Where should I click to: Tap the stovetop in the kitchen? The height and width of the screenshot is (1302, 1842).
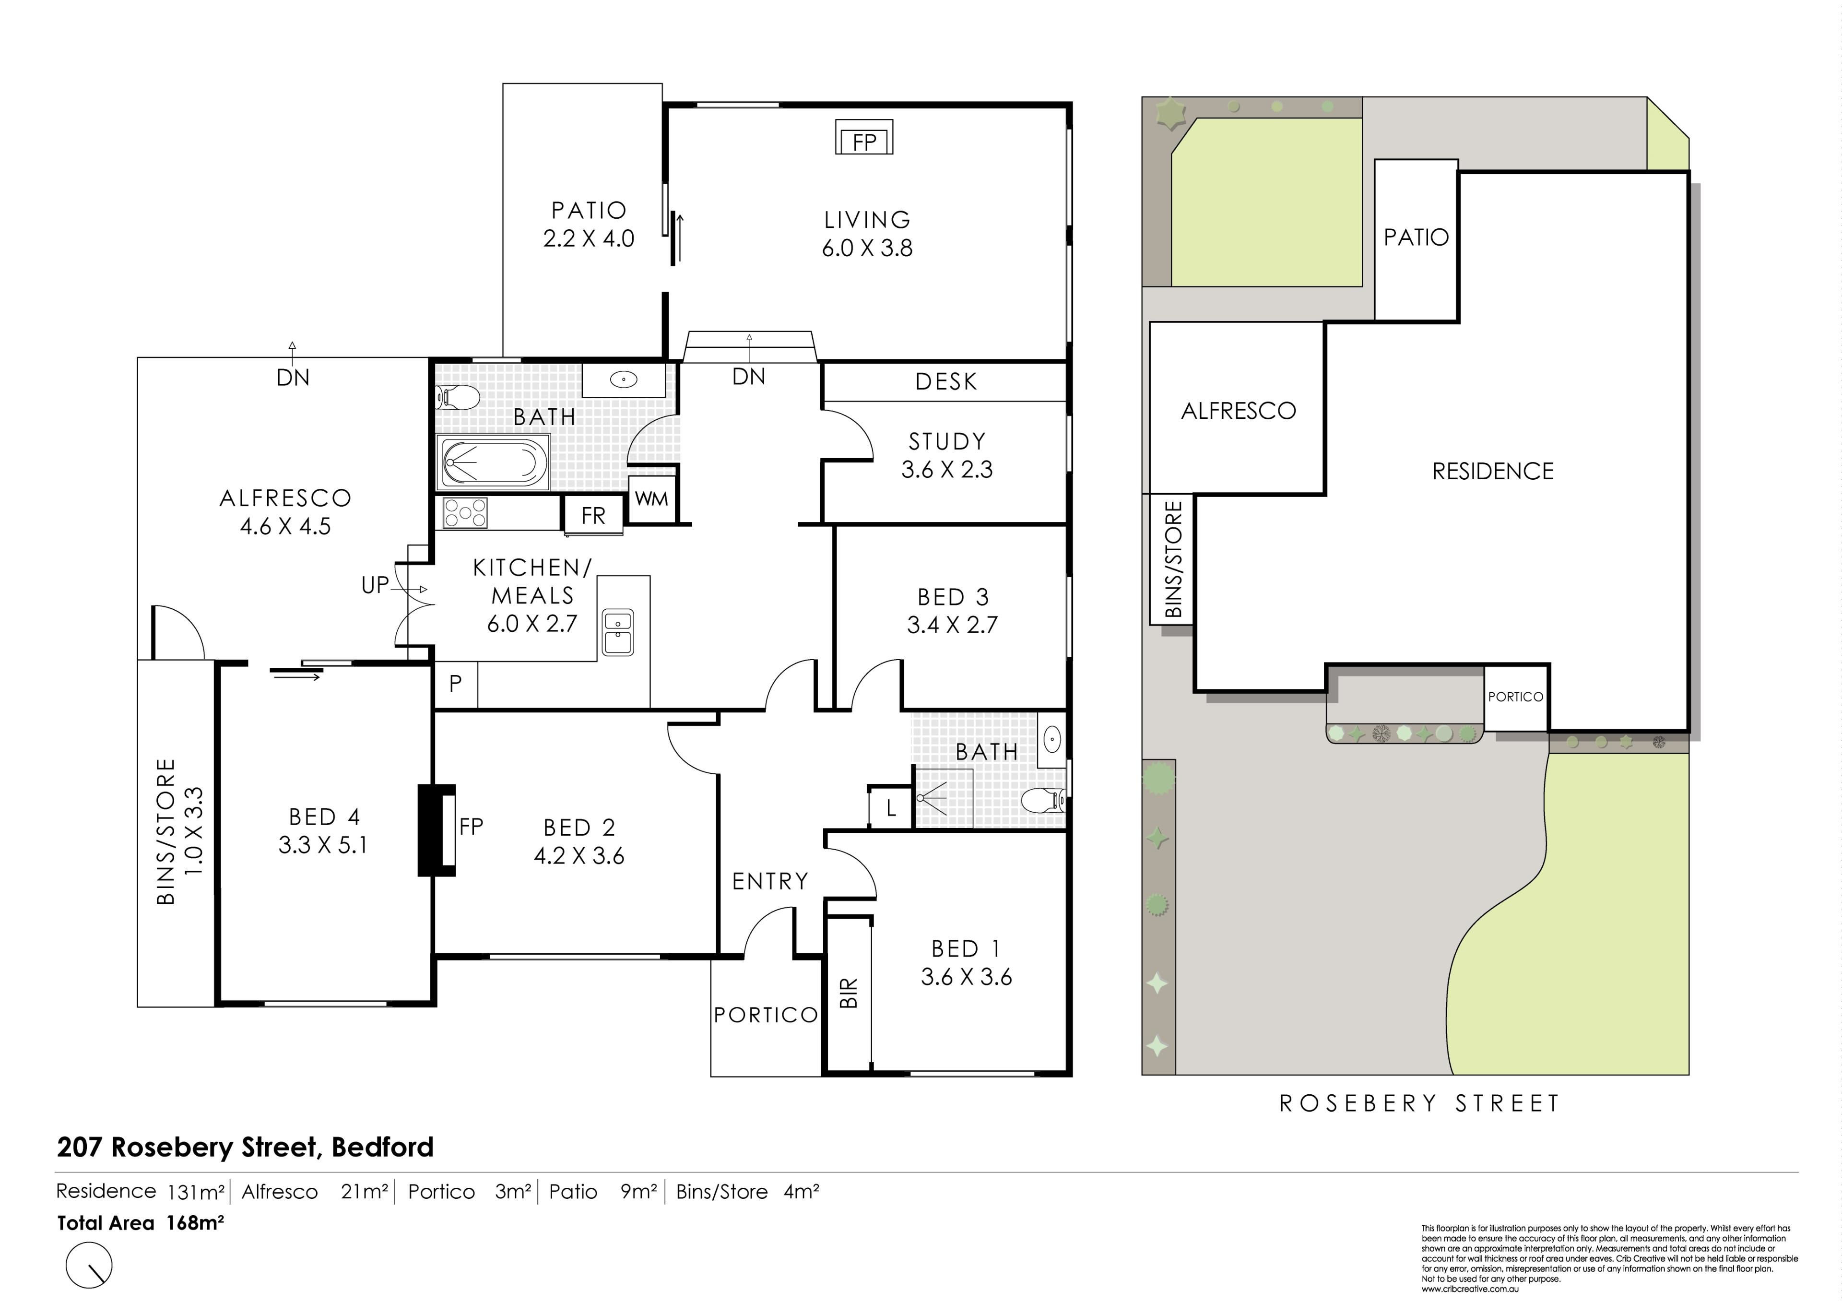465,513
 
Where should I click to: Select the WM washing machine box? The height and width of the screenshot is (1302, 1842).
651,499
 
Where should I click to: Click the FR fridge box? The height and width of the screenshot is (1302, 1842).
594,515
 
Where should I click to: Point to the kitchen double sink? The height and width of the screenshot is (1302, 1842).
618,632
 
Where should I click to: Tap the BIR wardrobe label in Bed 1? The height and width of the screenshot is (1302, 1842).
849,993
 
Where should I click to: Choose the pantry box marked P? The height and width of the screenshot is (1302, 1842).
456,684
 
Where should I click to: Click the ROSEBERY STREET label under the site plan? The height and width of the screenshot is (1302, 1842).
1419,1104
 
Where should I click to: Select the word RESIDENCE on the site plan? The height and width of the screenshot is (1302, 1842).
1493,471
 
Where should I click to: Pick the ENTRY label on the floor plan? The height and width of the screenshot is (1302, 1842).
770,882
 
